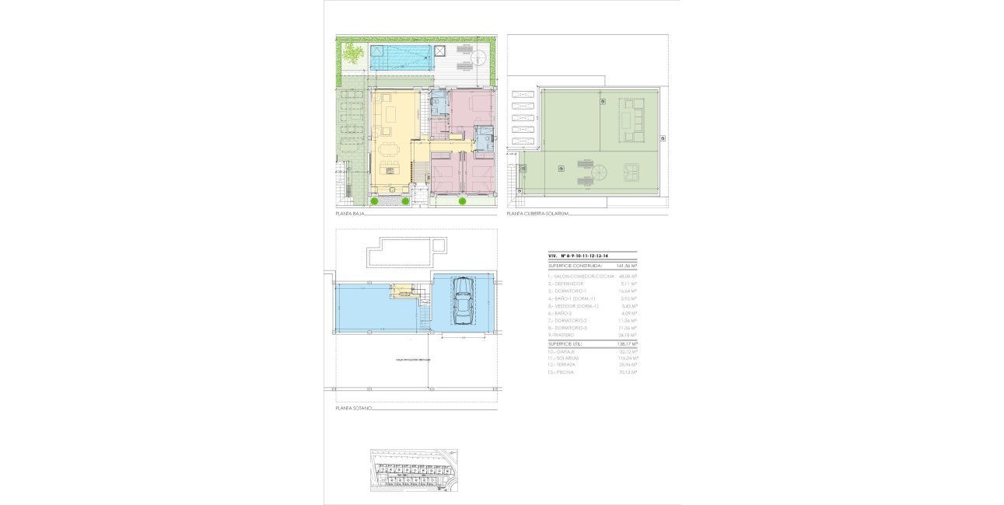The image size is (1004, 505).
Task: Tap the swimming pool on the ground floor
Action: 401,56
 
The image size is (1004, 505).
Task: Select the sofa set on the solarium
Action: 631,120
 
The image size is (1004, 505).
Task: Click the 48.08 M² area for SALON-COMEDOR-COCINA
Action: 628,276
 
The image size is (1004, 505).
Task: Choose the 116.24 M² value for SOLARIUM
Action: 627,358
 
